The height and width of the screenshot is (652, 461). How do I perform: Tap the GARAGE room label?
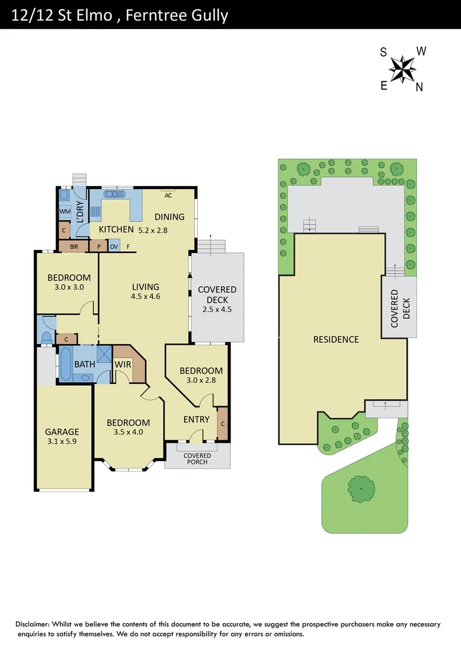[62, 432]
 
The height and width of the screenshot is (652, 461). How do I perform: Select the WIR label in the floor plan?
[122, 364]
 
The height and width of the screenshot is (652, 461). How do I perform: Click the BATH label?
[84, 364]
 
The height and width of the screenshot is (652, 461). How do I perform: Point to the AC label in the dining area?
[168, 195]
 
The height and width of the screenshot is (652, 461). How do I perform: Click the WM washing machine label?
[65, 211]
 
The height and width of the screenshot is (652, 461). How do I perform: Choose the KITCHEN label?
[116, 229]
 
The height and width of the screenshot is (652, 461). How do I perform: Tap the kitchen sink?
[114, 194]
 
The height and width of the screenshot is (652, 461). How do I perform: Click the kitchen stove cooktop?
[95, 211]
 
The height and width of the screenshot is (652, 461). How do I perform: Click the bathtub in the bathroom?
[64, 364]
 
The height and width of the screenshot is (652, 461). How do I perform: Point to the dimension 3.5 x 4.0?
[129, 433]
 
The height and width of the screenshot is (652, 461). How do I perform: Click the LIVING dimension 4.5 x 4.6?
[145, 296]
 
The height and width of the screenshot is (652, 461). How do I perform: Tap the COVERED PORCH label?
[197, 459]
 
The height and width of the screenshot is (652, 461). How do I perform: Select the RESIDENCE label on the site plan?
[336, 339]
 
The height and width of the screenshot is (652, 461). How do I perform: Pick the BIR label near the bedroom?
[74, 246]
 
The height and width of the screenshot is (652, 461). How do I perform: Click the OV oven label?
[114, 246]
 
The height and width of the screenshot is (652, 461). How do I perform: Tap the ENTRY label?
[196, 420]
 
